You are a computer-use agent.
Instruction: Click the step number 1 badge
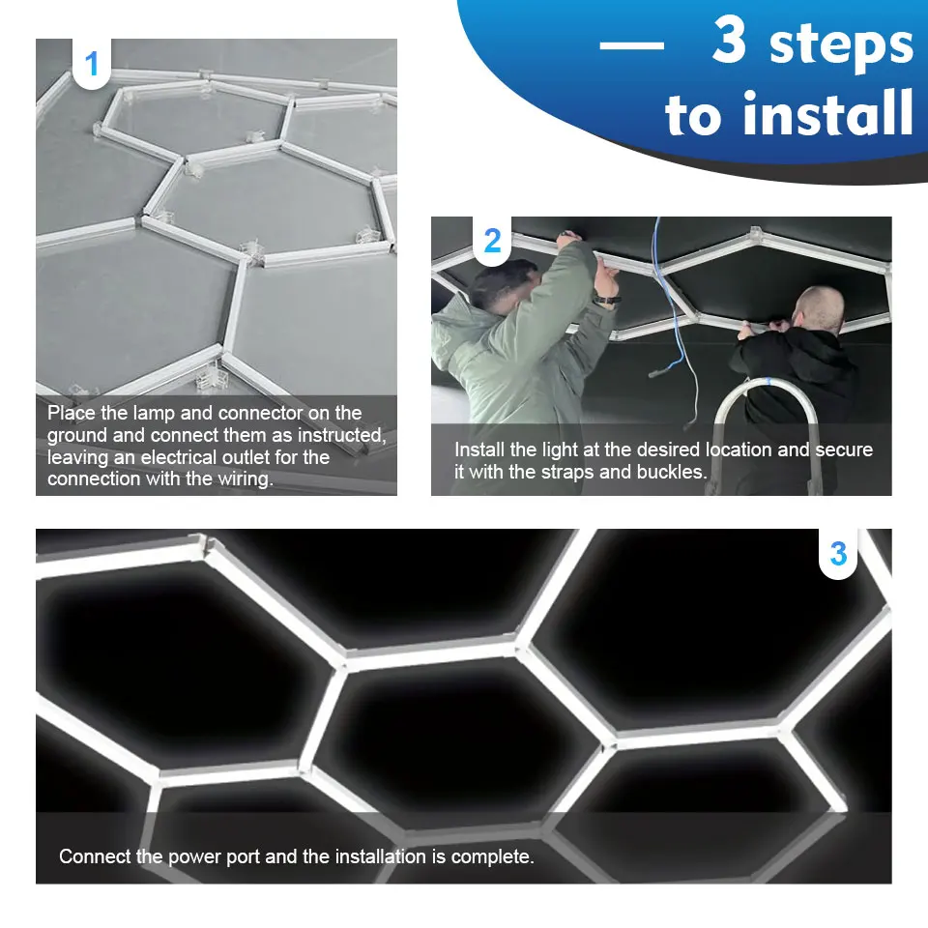pyautogui.click(x=92, y=65)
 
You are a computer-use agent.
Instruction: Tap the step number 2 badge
pyautogui.click(x=492, y=241)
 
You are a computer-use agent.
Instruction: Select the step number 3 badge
pyautogui.click(x=838, y=554)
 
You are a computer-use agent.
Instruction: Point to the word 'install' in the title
pyautogui.click(x=789, y=113)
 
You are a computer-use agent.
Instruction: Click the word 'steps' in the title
pyautogui.click(x=840, y=44)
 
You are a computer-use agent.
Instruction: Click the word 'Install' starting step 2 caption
pyautogui.click(x=479, y=449)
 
